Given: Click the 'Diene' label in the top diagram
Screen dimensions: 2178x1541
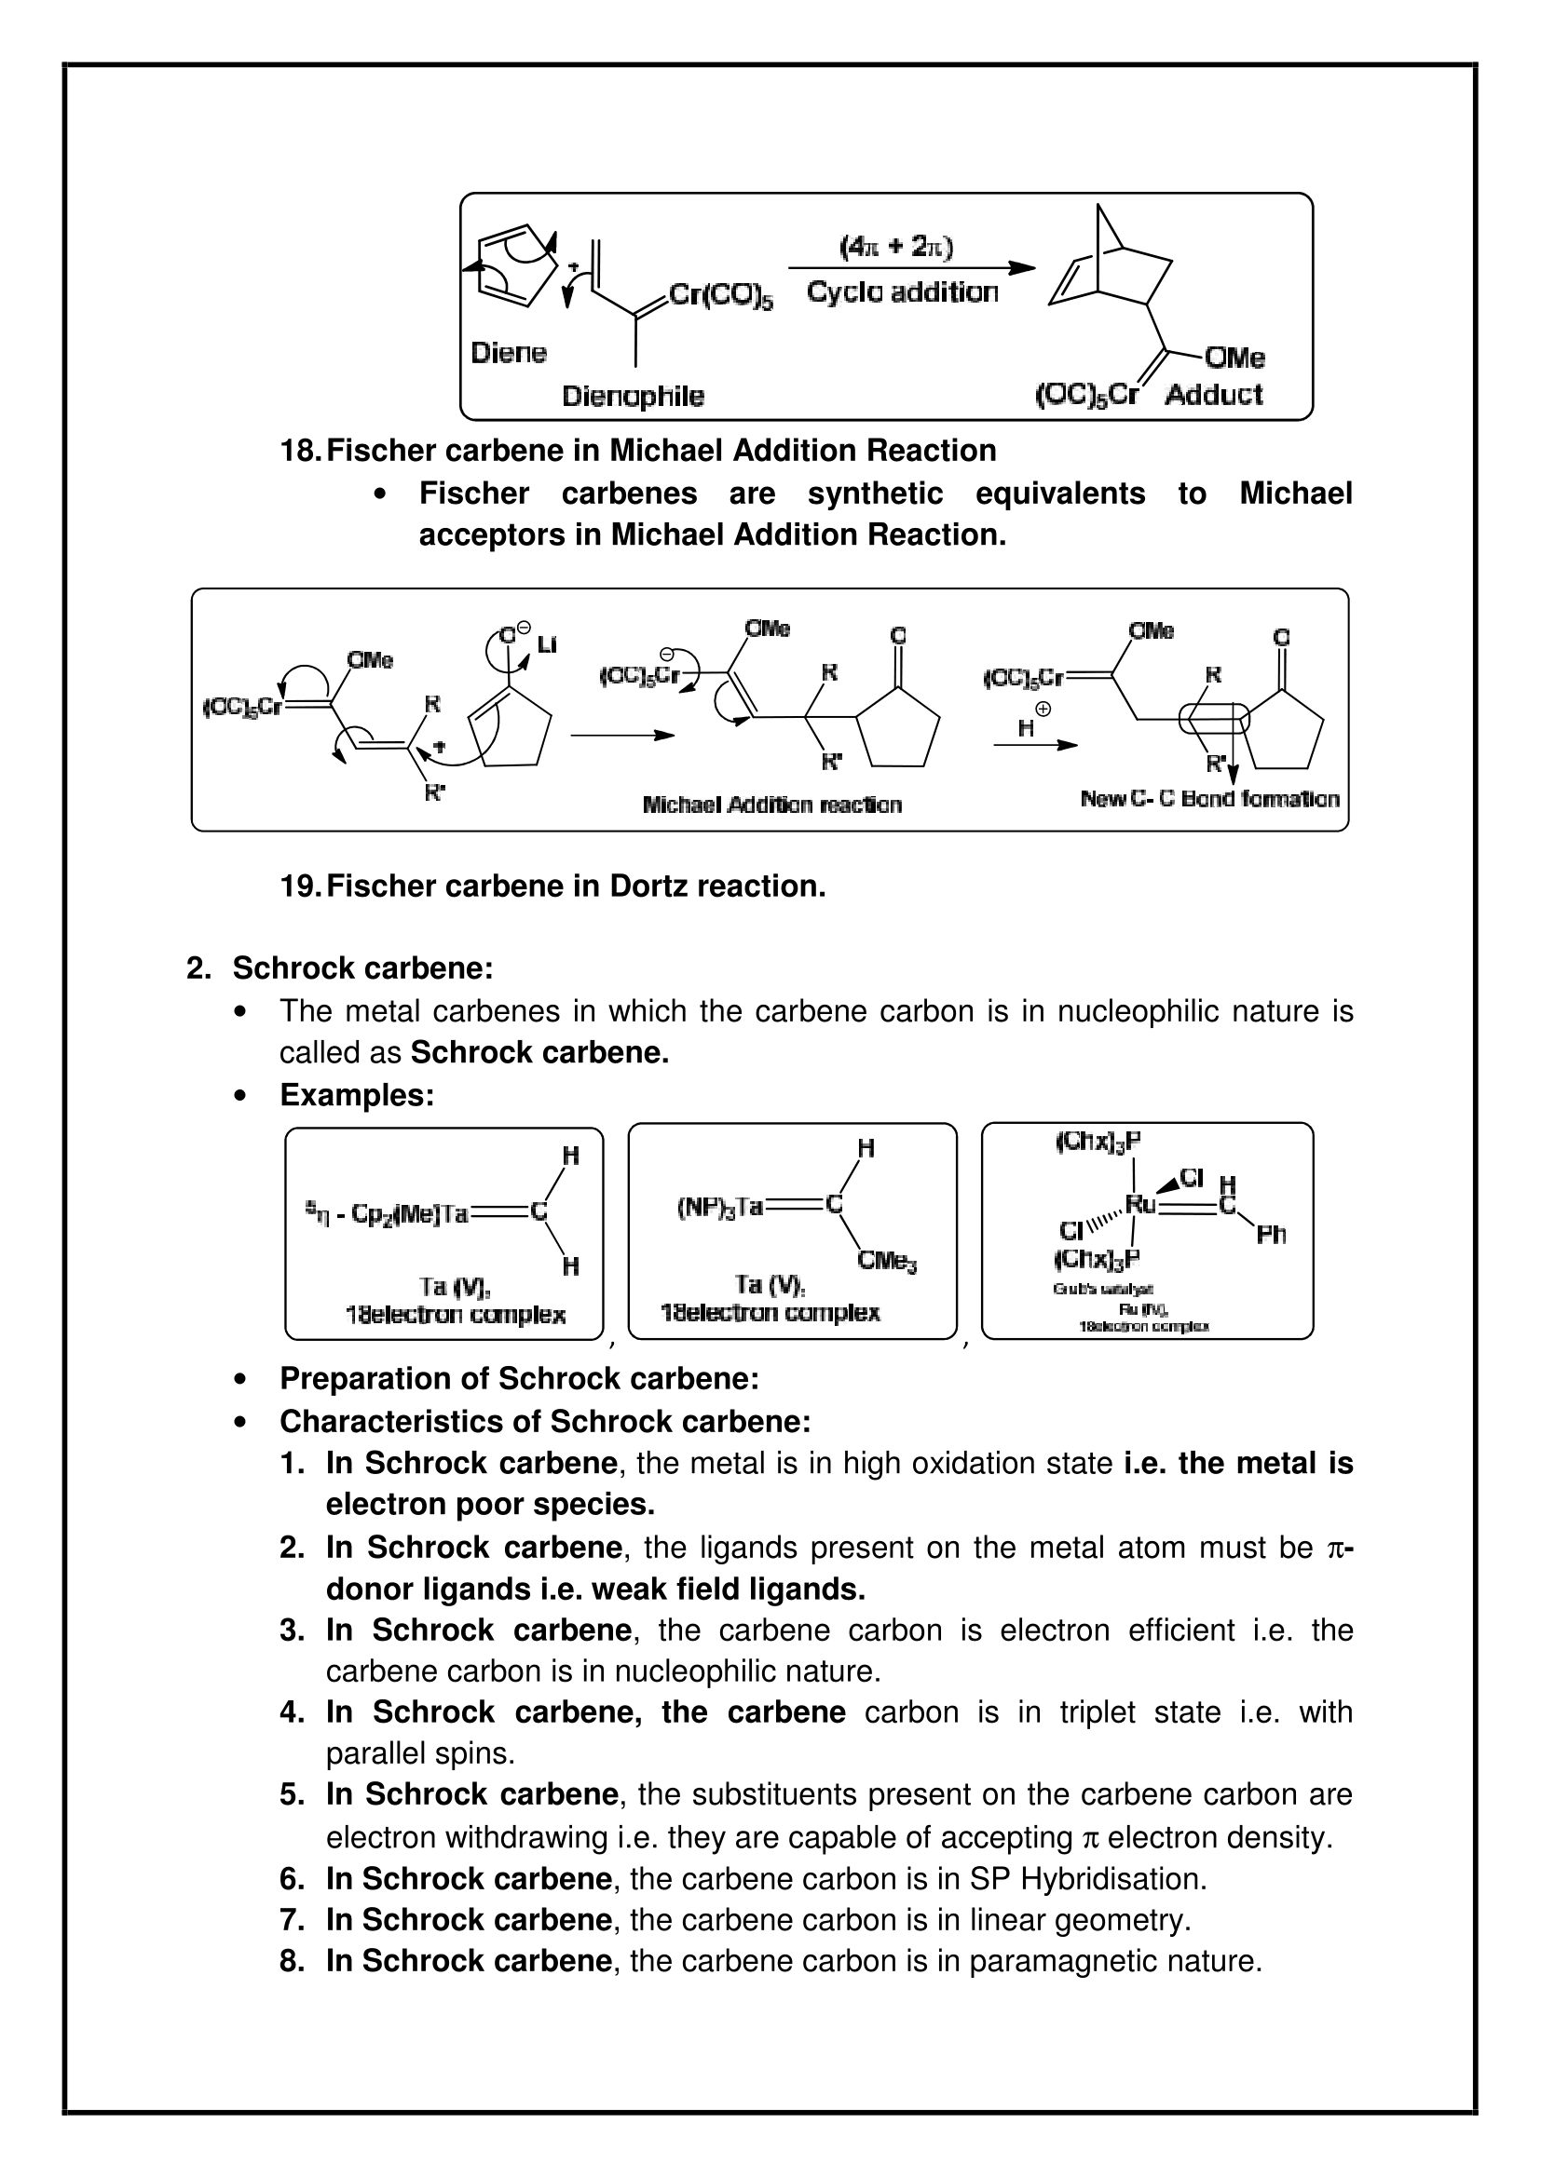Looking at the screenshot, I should [509, 353].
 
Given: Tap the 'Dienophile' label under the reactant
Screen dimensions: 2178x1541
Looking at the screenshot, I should [633, 396].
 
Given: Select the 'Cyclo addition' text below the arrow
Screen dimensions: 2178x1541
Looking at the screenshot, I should [903, 291].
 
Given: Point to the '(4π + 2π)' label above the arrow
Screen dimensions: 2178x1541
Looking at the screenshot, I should [895, 247].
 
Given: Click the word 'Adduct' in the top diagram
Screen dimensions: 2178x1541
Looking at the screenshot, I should [1214, 395].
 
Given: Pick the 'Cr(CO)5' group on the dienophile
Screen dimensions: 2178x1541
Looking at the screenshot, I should [721, 296].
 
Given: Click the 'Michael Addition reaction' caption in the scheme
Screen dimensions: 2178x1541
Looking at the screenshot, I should [771, 805].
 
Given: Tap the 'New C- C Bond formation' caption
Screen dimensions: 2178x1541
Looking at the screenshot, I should [1210, 799].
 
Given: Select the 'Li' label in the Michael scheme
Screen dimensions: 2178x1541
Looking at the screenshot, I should [547, 645].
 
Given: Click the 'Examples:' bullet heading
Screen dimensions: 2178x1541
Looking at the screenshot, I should [357, 1095].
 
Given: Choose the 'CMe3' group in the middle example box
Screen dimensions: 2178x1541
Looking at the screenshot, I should [886, 1261].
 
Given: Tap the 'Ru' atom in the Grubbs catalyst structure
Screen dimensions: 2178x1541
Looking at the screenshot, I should [1139, 1205].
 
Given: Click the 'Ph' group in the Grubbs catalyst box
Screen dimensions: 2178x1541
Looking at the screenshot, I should [1271, 1234].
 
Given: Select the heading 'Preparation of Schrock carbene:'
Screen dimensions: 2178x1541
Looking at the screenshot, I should [519, 1378].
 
